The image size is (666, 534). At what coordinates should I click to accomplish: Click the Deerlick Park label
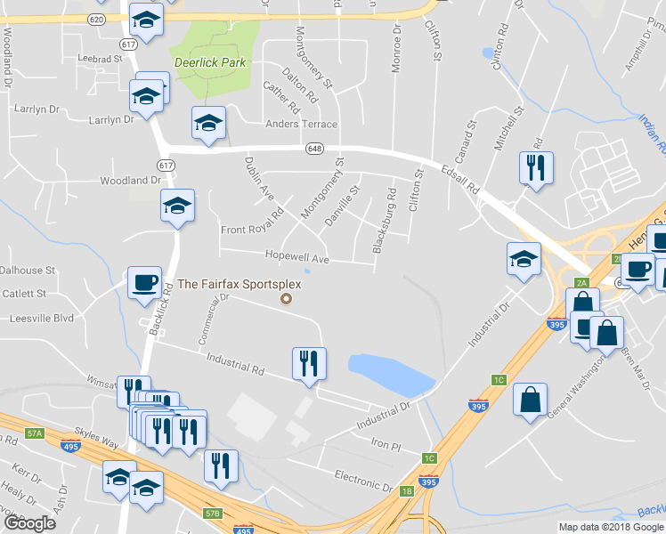pos(210,63)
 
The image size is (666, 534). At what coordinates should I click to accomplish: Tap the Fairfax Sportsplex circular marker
pos(286,299)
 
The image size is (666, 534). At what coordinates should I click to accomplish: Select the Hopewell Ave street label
pos(297,257)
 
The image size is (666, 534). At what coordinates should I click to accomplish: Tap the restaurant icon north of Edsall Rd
pos(535,167)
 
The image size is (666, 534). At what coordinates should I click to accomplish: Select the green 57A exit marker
pos(35,433)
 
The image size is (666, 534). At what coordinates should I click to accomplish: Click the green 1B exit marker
pos(408,491)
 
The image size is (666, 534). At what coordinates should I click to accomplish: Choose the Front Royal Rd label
pos(251,231)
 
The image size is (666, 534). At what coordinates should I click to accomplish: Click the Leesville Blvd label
pos(40,318)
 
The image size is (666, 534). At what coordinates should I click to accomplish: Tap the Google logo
pos(29,524)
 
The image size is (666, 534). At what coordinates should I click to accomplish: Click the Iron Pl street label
pos(386,442)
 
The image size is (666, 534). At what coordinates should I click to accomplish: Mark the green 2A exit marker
pos(582,283)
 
